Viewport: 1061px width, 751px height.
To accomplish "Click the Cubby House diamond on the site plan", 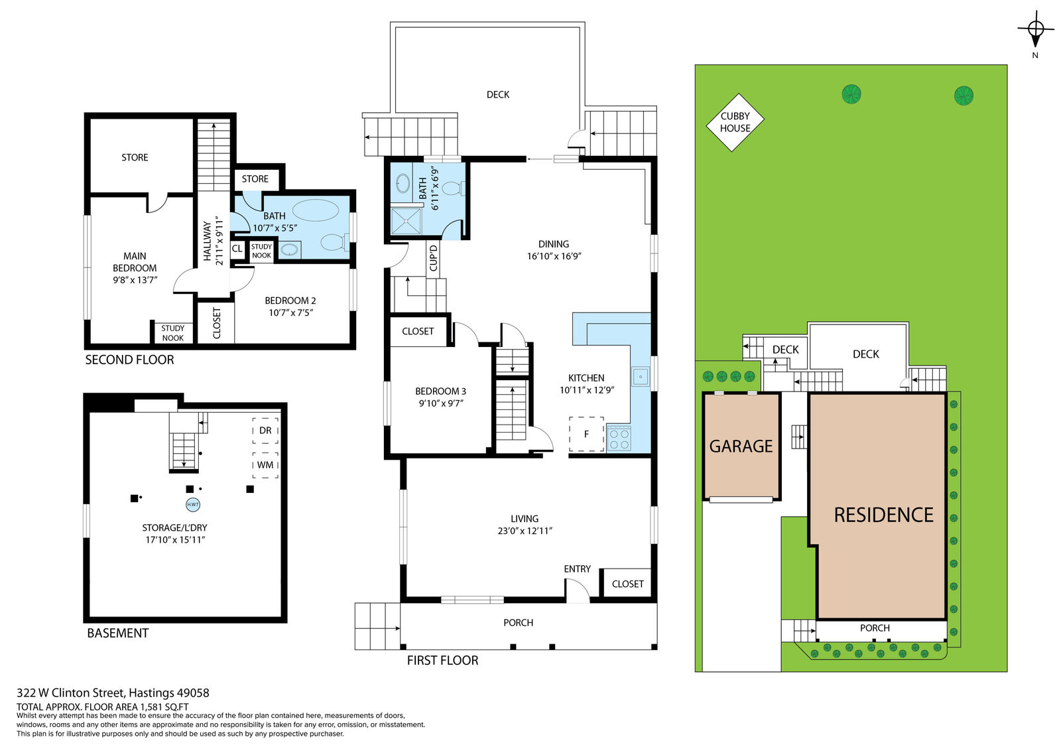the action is coord(735,122).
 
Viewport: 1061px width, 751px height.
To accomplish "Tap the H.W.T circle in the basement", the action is coord(193,504).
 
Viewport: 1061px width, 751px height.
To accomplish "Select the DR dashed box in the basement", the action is coord(265,430).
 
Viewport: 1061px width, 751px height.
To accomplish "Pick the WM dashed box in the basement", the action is coord(265,465).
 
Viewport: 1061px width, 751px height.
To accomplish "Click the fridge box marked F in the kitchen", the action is coord(586,434).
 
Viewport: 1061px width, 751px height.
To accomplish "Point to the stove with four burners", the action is coord(619,439).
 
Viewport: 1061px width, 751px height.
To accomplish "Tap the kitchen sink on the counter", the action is coord(641,377).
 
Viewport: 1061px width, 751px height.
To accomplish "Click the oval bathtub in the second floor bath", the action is coord(316,211).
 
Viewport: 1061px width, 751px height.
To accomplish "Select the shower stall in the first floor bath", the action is coord(406,221).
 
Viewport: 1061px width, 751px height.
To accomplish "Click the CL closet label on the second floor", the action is coord(237,248).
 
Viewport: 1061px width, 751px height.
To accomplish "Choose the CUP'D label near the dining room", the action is coord(434,257).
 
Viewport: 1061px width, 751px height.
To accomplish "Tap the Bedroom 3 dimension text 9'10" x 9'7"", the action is coord(440,403).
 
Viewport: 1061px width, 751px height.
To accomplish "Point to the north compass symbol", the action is coord(1035,30).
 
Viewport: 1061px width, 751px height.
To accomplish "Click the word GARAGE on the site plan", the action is coord(741,446).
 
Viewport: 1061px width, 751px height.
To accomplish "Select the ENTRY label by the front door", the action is coord(577,569).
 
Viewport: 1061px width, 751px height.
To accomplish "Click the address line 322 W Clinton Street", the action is coord(113,693).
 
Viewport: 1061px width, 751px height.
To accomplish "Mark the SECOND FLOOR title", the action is coord(129,360).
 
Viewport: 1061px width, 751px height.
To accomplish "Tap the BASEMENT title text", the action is coord(118,633).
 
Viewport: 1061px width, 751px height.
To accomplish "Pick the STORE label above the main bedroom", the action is coord(135,157).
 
